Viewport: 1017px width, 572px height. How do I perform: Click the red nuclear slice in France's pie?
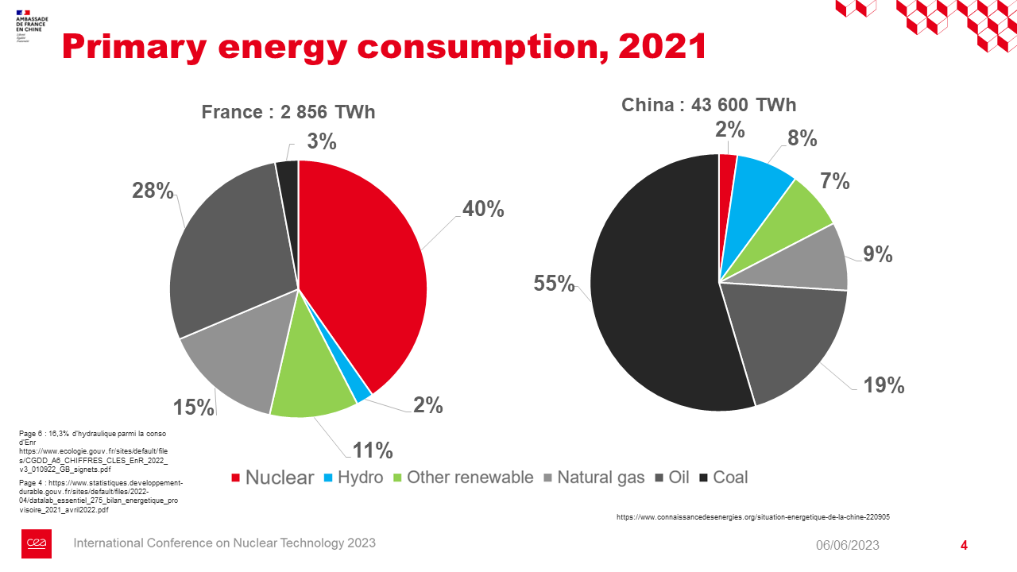click(365, 270)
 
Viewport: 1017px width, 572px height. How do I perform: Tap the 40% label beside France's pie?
click(483, 209)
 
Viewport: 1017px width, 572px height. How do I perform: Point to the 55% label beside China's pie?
click(554, 284)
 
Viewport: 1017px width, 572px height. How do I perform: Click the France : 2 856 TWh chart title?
click(288, 112)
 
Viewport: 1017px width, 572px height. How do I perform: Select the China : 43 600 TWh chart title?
click(709, 105)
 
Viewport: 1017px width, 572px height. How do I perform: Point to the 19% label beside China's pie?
click(884, 385)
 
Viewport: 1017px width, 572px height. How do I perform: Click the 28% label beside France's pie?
click(153, 191)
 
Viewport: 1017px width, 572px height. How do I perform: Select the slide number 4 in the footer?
click(964, 545)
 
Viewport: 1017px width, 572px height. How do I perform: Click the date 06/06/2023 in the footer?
click(848, 545)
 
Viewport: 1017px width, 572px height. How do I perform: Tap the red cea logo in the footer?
click(37, 543)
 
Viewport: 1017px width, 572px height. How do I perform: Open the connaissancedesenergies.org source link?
click(752, 516)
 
